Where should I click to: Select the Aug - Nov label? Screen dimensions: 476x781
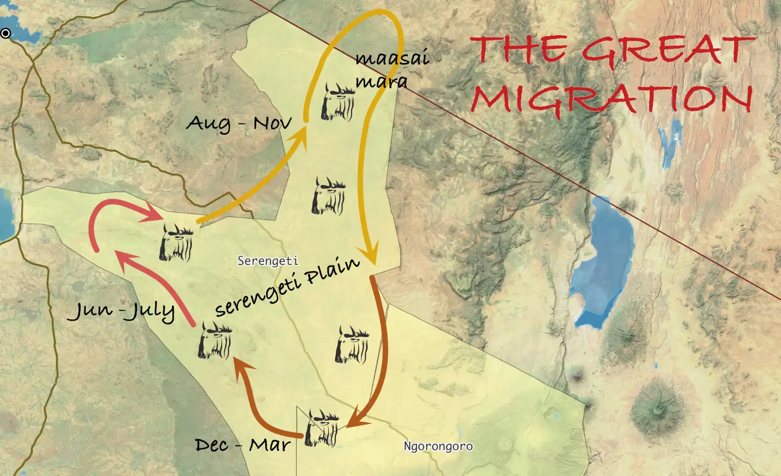[x=239, y=123]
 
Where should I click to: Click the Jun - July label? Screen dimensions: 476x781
[x=121, y=311]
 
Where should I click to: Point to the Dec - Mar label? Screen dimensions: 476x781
[x=243, y=445]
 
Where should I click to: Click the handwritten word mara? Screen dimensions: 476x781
[x=381, y=81]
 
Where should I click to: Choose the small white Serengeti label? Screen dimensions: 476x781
[x=267, y=261]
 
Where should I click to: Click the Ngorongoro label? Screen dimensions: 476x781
[x=438, y=446]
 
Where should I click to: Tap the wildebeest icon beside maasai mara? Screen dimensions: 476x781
[x=337, y=102]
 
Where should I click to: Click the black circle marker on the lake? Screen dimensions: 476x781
[x=5, y=33]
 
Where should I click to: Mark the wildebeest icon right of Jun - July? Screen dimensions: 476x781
[x=215, y=340]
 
